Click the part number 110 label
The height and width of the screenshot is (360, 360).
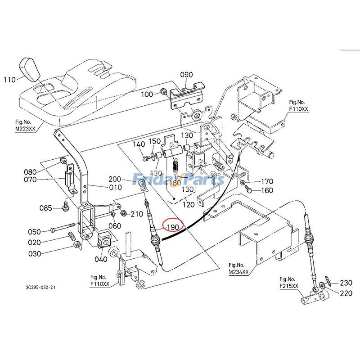tap(9, 80)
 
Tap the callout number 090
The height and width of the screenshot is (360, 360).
tap(186, 74)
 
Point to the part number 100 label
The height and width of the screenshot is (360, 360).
tap(147, 94)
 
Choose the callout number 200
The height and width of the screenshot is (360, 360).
tap(128, 179)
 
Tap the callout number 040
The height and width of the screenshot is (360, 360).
tap(101, 259)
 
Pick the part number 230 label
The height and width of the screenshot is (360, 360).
tap(346, 283)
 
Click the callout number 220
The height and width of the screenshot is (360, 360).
tap(346, 293)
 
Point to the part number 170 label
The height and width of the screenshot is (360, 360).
tap(267, 182)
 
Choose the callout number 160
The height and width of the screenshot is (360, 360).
tap(267, 190)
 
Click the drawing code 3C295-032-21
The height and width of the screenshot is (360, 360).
tap(41, 287)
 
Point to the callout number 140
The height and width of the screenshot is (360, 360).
tap(139, 144)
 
